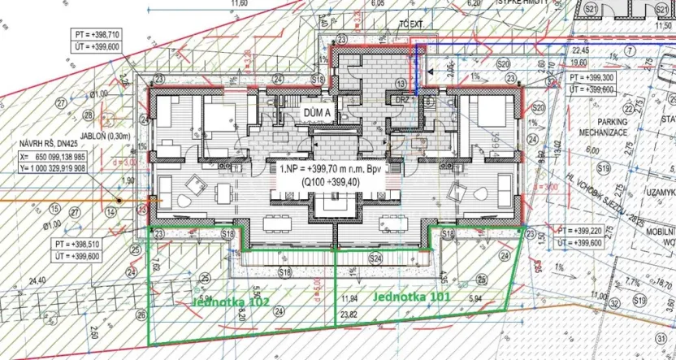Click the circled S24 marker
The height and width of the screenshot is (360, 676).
tap(375, 258)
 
